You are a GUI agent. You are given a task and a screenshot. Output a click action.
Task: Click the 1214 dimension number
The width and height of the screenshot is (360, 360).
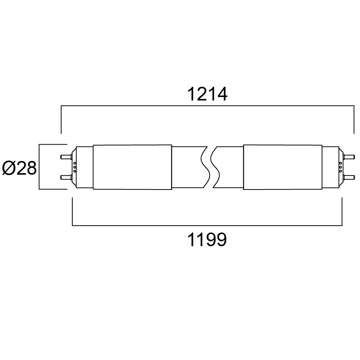click(207, 94)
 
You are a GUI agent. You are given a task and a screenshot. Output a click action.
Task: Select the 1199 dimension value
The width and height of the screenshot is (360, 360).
click(207, 240)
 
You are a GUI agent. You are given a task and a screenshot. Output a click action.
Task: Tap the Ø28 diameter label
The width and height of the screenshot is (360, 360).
click(19, 168)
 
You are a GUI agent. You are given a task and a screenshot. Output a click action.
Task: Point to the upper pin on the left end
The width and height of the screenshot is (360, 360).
click(66, 157)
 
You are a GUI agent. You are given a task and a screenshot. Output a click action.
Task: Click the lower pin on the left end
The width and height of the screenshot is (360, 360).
click(66, 177)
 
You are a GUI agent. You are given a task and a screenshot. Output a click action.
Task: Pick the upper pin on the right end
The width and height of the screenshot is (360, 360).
click(349, 157)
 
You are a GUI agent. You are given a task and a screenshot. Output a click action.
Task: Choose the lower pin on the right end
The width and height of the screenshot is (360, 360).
click(349, 177)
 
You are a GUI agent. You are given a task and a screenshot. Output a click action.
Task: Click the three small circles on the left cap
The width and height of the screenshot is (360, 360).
click(74, 167)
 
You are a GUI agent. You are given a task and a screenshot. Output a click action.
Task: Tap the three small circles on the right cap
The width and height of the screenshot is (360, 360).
click(341, 167)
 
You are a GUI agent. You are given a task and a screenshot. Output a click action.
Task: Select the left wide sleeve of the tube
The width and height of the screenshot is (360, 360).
click(132, 167)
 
